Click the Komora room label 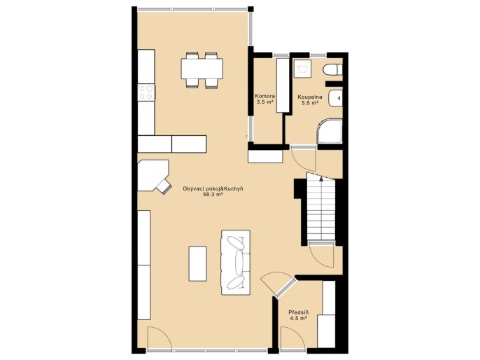point(265,96)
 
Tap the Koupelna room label point(310,97)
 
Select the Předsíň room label point(299,312)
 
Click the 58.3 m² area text point(213,194)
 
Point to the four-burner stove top point(146,92)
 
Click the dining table point(202,69)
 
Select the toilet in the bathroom point(332,69)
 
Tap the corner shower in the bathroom point(330,131)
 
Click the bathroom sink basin point(336,98)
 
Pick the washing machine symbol point(302,69)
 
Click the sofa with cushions point(236,263)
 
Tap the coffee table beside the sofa point(198,263)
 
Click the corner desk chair point(164,186)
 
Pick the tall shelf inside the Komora point(283,85)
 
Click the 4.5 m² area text point(299,319)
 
